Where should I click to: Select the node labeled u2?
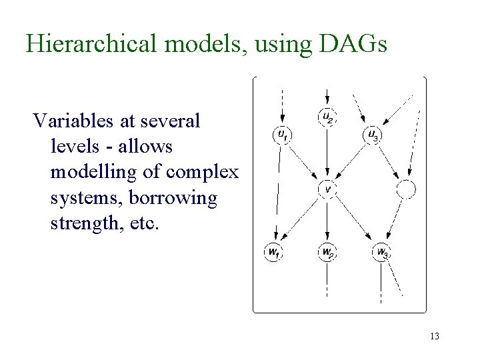click(327, 117)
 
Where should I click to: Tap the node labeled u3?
click(373, 135)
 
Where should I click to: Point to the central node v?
click(327, 189)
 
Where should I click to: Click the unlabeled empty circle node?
click(405, 190)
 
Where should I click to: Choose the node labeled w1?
click(273, 252)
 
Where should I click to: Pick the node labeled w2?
click(327, 252)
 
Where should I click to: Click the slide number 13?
click(434, 337)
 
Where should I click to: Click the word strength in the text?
click(82, 223)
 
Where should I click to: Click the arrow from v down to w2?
click(327, 220)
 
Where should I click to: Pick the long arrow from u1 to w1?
click(277, 193)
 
